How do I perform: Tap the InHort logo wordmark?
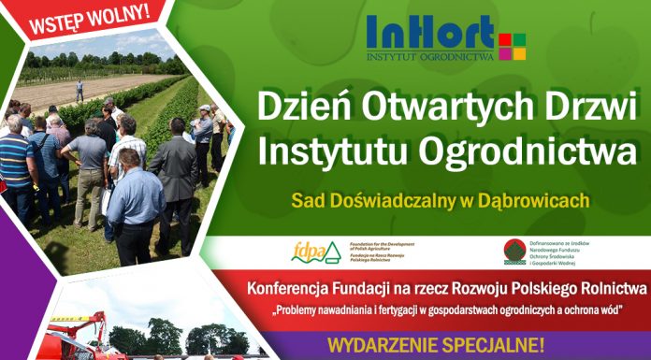coord(430,34)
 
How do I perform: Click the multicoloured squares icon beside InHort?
coord(513,46)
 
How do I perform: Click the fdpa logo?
coord(308,252)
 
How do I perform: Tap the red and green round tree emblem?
coord(514,251)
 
